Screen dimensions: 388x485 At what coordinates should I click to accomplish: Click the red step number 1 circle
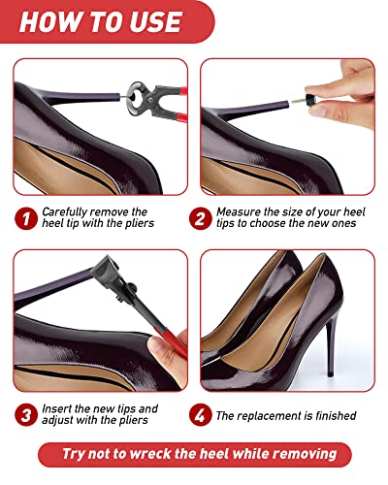[x=26, y=218]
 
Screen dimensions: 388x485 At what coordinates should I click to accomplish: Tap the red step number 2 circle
[x=201, y=218]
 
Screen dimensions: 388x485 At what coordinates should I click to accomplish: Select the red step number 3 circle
[x=26, y=415]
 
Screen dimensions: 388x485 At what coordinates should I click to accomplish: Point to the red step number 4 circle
[x=201, y=415]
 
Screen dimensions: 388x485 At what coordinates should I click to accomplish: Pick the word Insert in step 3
[x=56, y=408]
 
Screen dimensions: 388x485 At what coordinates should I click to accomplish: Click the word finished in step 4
[x=336, y=415]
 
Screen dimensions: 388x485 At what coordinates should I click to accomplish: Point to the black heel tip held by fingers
[x=311, y=100]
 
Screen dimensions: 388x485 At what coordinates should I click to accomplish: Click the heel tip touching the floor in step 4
[x=330, y=373]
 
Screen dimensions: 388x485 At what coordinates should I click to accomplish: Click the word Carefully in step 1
[x=66, y=212]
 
